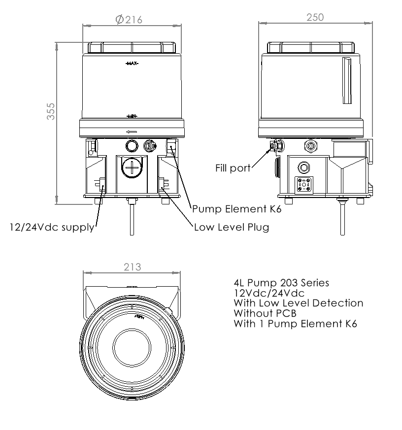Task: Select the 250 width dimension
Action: (315, 18)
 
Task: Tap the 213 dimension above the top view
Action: (132, 267)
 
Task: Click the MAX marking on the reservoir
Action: (132, 64)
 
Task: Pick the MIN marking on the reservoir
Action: (132, 116)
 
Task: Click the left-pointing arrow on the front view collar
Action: (132, 132)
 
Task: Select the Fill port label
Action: (233, 167)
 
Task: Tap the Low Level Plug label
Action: (231, 228)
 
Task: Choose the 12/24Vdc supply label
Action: (52, 228)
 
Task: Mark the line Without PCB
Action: (262, 313)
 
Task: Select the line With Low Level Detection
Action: (298, 303)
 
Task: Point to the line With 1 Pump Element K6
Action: (295, 324)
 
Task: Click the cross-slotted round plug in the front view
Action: (132, 168)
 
